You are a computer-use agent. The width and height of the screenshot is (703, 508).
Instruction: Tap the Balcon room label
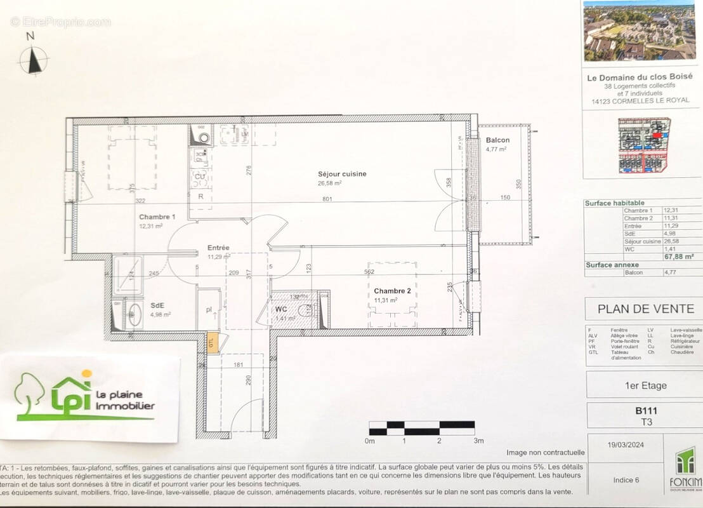click(x=497, y=140)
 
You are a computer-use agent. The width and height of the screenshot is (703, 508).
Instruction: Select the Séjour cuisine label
click(x=342, y=174)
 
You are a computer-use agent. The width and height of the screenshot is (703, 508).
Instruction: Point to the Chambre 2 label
click(x=393, y=291)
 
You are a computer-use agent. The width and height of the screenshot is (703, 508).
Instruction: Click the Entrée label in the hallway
click(x=218, y=248)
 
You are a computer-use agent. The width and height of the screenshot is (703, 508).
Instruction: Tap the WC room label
click(x=281, y=309)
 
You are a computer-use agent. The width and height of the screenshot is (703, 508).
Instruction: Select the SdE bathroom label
click(x=157, y=305)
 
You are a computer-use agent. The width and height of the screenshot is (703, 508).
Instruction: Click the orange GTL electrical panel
click(x=213, y=342)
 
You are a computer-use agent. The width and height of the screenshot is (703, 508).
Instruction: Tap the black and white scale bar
click(x=421, y=428)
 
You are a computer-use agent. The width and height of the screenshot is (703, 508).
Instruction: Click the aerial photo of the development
click(x=642, y=31)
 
